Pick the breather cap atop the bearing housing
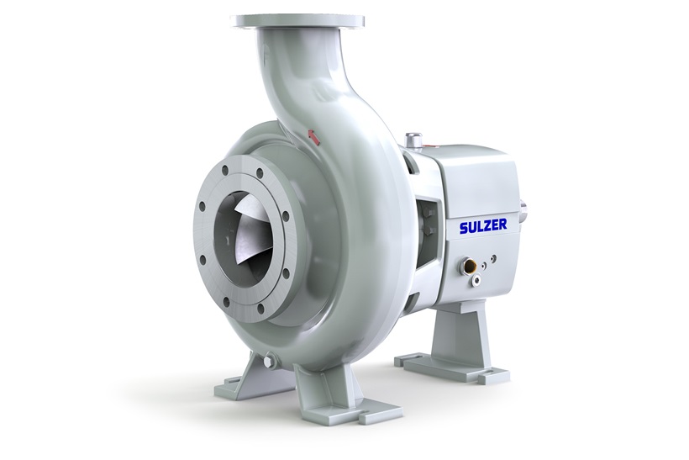(413, 139)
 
